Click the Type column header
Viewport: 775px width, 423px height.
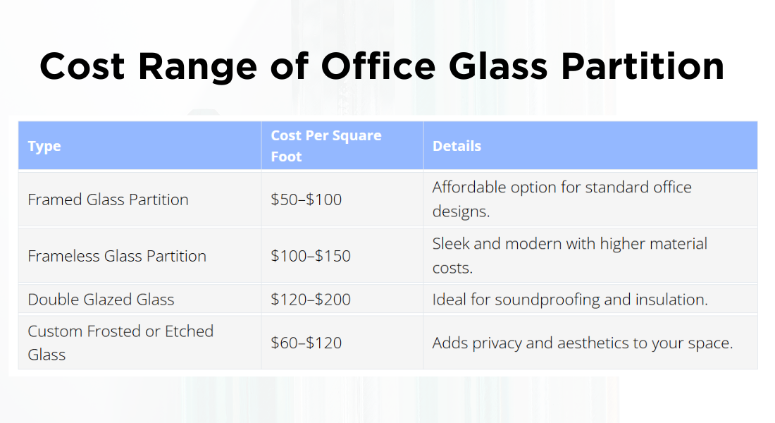tap(44, 147)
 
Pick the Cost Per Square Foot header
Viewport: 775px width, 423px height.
tap(325, 146)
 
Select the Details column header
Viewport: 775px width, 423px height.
tap(457, 146)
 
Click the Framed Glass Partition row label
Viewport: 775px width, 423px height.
tap(108, 200)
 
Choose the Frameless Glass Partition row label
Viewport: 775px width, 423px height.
tap(117, 256)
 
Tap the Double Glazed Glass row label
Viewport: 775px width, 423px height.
tap(101, 300)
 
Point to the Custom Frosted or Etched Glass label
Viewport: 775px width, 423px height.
tap(120, 343)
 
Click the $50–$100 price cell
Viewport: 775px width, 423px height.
tap(306, 200)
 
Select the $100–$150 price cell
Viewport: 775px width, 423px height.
tap(310, 256)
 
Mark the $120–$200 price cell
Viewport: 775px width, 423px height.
tap(310, 300)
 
